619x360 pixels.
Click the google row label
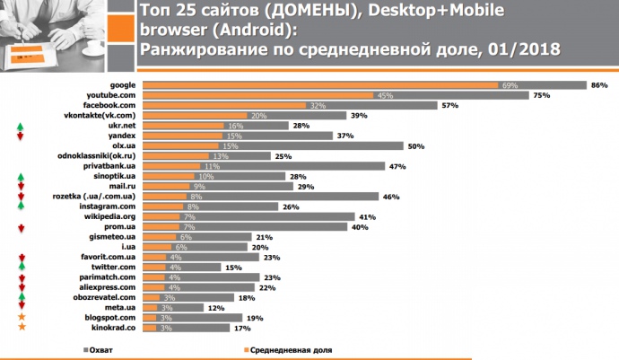point(121,84)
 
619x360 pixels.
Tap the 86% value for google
point(599,84)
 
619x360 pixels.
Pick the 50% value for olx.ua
point(415,145)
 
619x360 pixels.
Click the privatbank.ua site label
point(110,166)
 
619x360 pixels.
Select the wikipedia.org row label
point(110,216)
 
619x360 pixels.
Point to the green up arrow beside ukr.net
point(20,126)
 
